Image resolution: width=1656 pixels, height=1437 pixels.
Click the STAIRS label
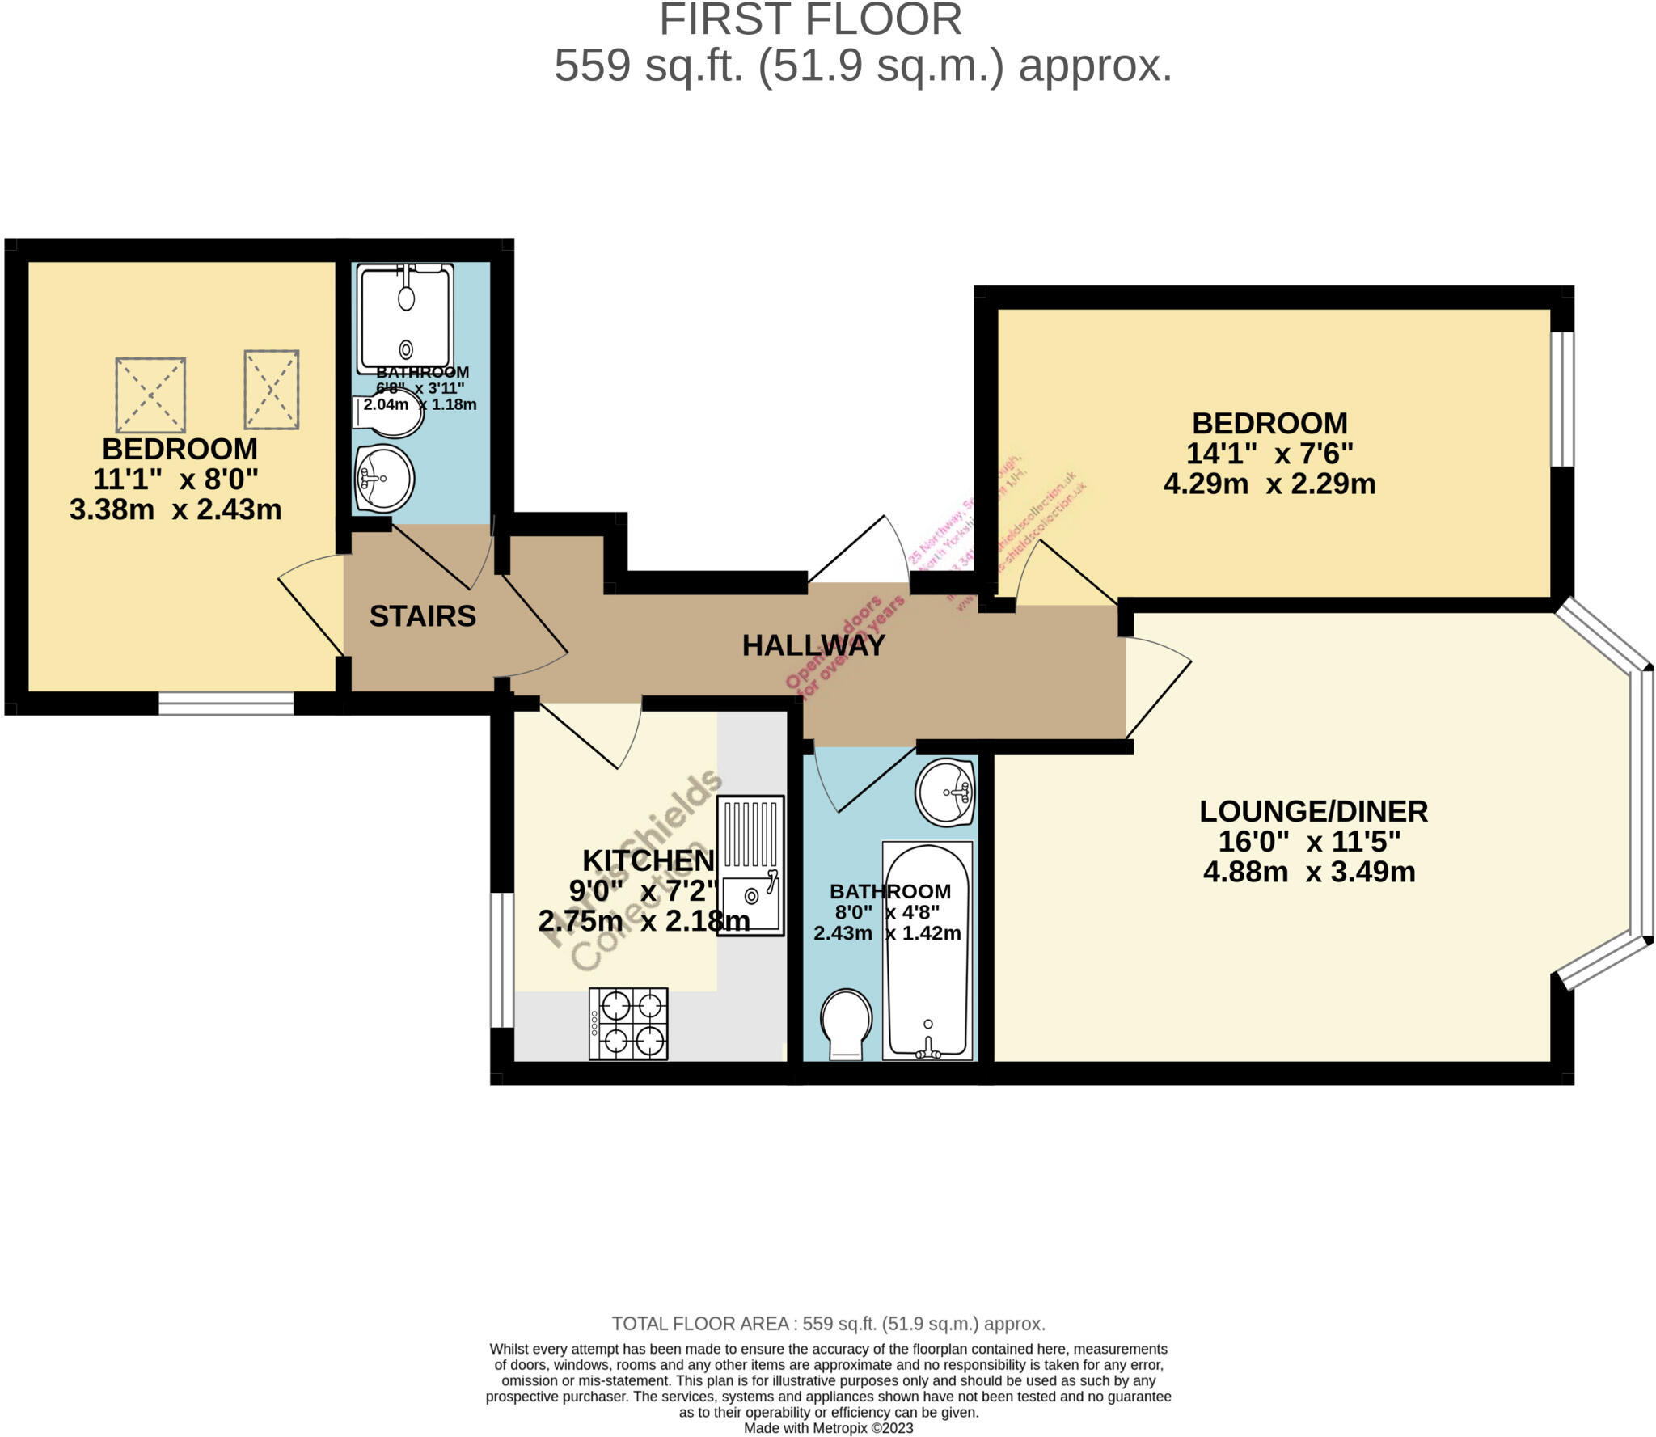click(422, 616)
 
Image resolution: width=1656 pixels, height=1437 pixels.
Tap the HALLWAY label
click(813, 645)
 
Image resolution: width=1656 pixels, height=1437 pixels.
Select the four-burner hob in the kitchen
click(628, 1023)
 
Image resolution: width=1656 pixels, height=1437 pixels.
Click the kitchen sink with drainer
click(750, 865)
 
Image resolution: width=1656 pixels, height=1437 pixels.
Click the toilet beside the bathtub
click(846, 1023)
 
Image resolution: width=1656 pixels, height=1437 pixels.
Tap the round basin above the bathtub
click(944, 792)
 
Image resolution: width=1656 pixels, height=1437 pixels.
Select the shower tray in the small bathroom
click(405, 318)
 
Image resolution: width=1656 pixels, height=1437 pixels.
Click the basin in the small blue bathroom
click(385, 478)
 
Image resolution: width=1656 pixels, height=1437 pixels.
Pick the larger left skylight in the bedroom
click(150, 395)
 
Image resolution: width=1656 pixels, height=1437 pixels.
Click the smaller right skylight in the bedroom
click(272, 390)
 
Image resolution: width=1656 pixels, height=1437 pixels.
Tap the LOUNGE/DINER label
click(1313, 811)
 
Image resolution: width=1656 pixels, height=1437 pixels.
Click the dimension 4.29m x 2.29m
click(1269, 484)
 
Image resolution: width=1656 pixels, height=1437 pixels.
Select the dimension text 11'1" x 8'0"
click(175, 480)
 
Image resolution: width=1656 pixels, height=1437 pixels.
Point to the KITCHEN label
click(648, 860)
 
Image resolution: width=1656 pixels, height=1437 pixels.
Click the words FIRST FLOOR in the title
click(810, 19)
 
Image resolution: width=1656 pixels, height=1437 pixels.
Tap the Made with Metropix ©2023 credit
click(828, 1428)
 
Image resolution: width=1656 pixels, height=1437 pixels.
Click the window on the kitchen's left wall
click(502, 960)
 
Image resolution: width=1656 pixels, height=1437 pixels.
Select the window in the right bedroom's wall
click(1562, 399)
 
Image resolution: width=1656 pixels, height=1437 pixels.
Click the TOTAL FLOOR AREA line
click(828, 1324)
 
